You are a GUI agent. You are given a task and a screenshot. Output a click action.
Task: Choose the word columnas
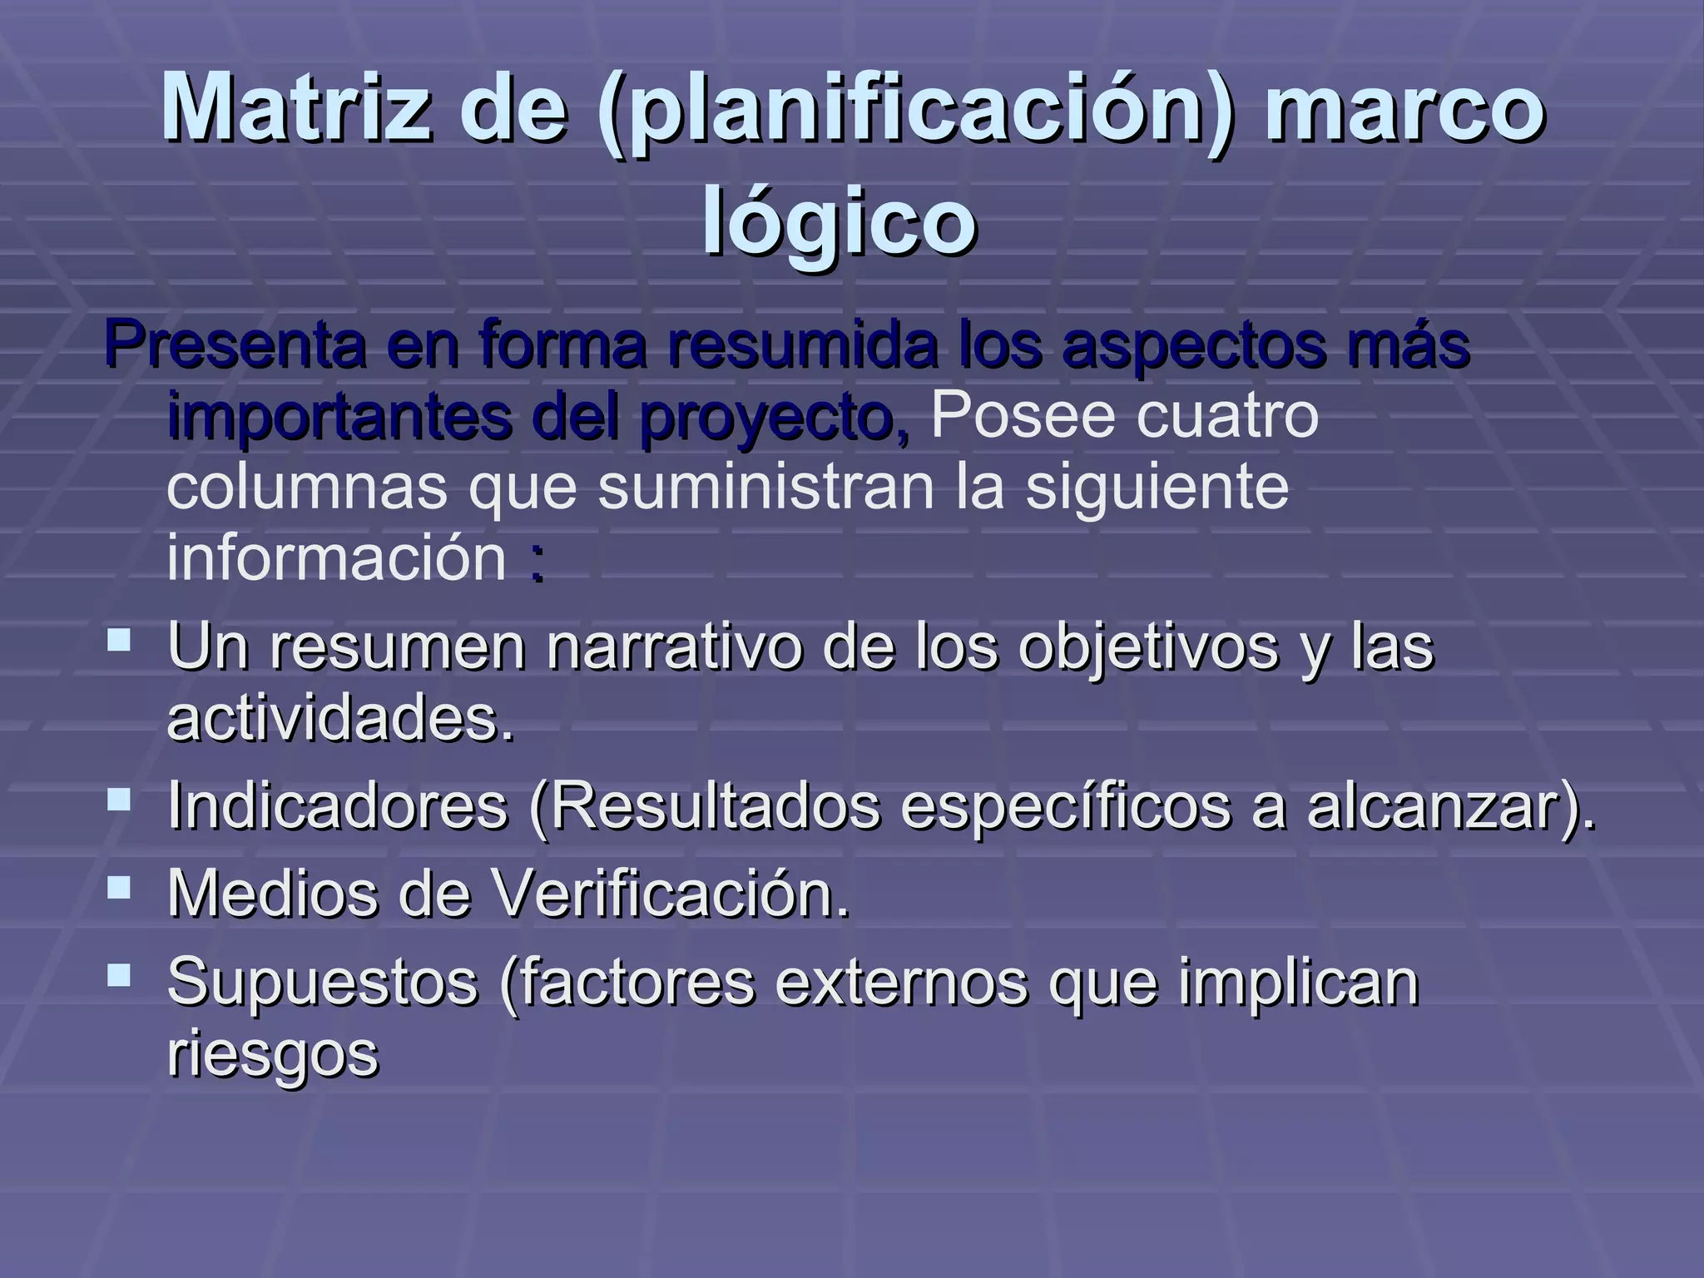pyautogui.click(x=307, y=487)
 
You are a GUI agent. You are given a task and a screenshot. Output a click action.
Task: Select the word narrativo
pyautogui.click(x=674, y=647)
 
